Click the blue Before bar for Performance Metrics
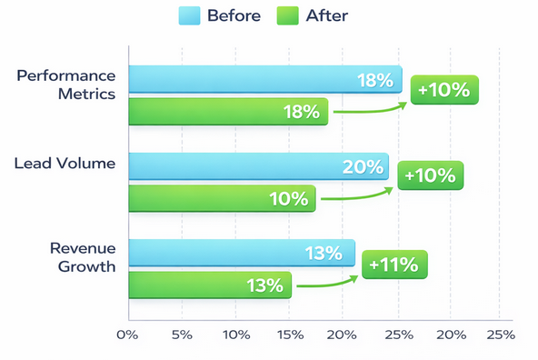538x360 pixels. click(x=264, y=80)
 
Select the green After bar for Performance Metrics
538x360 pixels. click(x=227, y=112)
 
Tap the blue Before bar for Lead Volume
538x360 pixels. click(x=258, y=166)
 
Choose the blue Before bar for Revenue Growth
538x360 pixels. click(x=241, y=253)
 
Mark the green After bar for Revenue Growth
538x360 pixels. click(x=209, y=285)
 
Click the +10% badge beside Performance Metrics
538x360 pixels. click(x=444, y=89)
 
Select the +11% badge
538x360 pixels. click(x=394, y=265)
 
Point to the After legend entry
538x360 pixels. click(x=314, y=15)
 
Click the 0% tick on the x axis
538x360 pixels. click(x=127, y=335)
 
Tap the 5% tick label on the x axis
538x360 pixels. click(x=182, y=335)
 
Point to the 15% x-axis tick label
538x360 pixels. click(x=289, y=335)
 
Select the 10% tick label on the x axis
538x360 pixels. click(x=235, y=335)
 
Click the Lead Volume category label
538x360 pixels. click(x=65, y=165)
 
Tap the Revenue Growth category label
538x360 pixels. click(x=83, y=257)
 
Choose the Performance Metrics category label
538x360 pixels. click(x=66, y=84)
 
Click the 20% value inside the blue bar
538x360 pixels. click(x=363, y=166)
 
